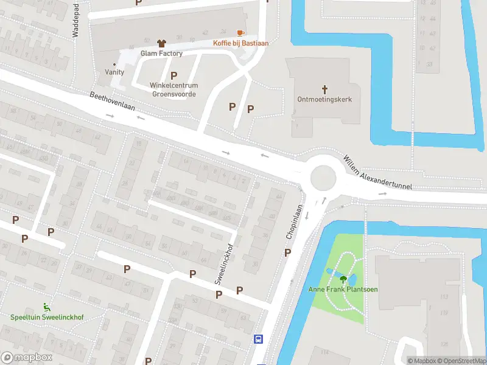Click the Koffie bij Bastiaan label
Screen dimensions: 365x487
[240, 43]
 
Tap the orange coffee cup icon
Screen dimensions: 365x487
[240, 32]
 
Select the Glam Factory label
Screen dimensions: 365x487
[161, 54]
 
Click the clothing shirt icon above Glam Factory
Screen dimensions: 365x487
[161, 43]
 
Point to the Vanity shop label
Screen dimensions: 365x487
[114, 72]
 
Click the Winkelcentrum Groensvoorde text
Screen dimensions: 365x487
[174, 89]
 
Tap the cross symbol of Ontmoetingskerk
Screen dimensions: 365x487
[324, 89]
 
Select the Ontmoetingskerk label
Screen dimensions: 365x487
[324, 99]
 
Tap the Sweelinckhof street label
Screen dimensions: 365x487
[223, 265]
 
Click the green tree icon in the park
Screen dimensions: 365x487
[343, 279]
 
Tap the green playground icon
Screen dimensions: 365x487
[46, 308]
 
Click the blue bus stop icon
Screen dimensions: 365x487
[259, 339]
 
